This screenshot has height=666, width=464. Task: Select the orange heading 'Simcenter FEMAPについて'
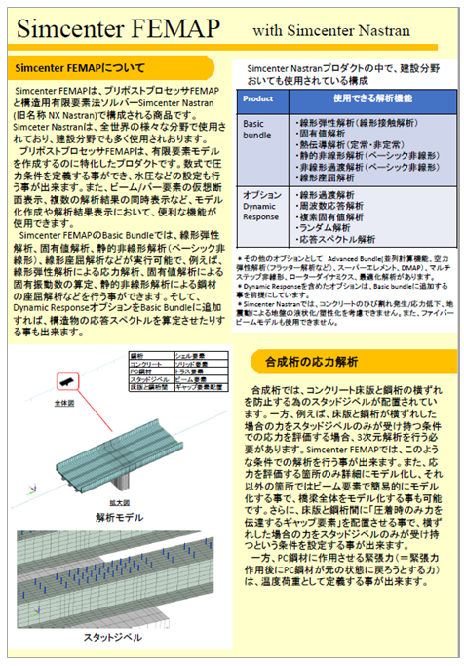click(x=82, y=69)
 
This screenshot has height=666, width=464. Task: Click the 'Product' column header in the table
click(x=257, y=99)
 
